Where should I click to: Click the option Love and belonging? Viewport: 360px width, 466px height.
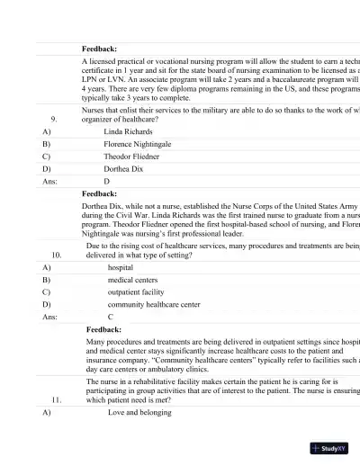coord(139,412)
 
